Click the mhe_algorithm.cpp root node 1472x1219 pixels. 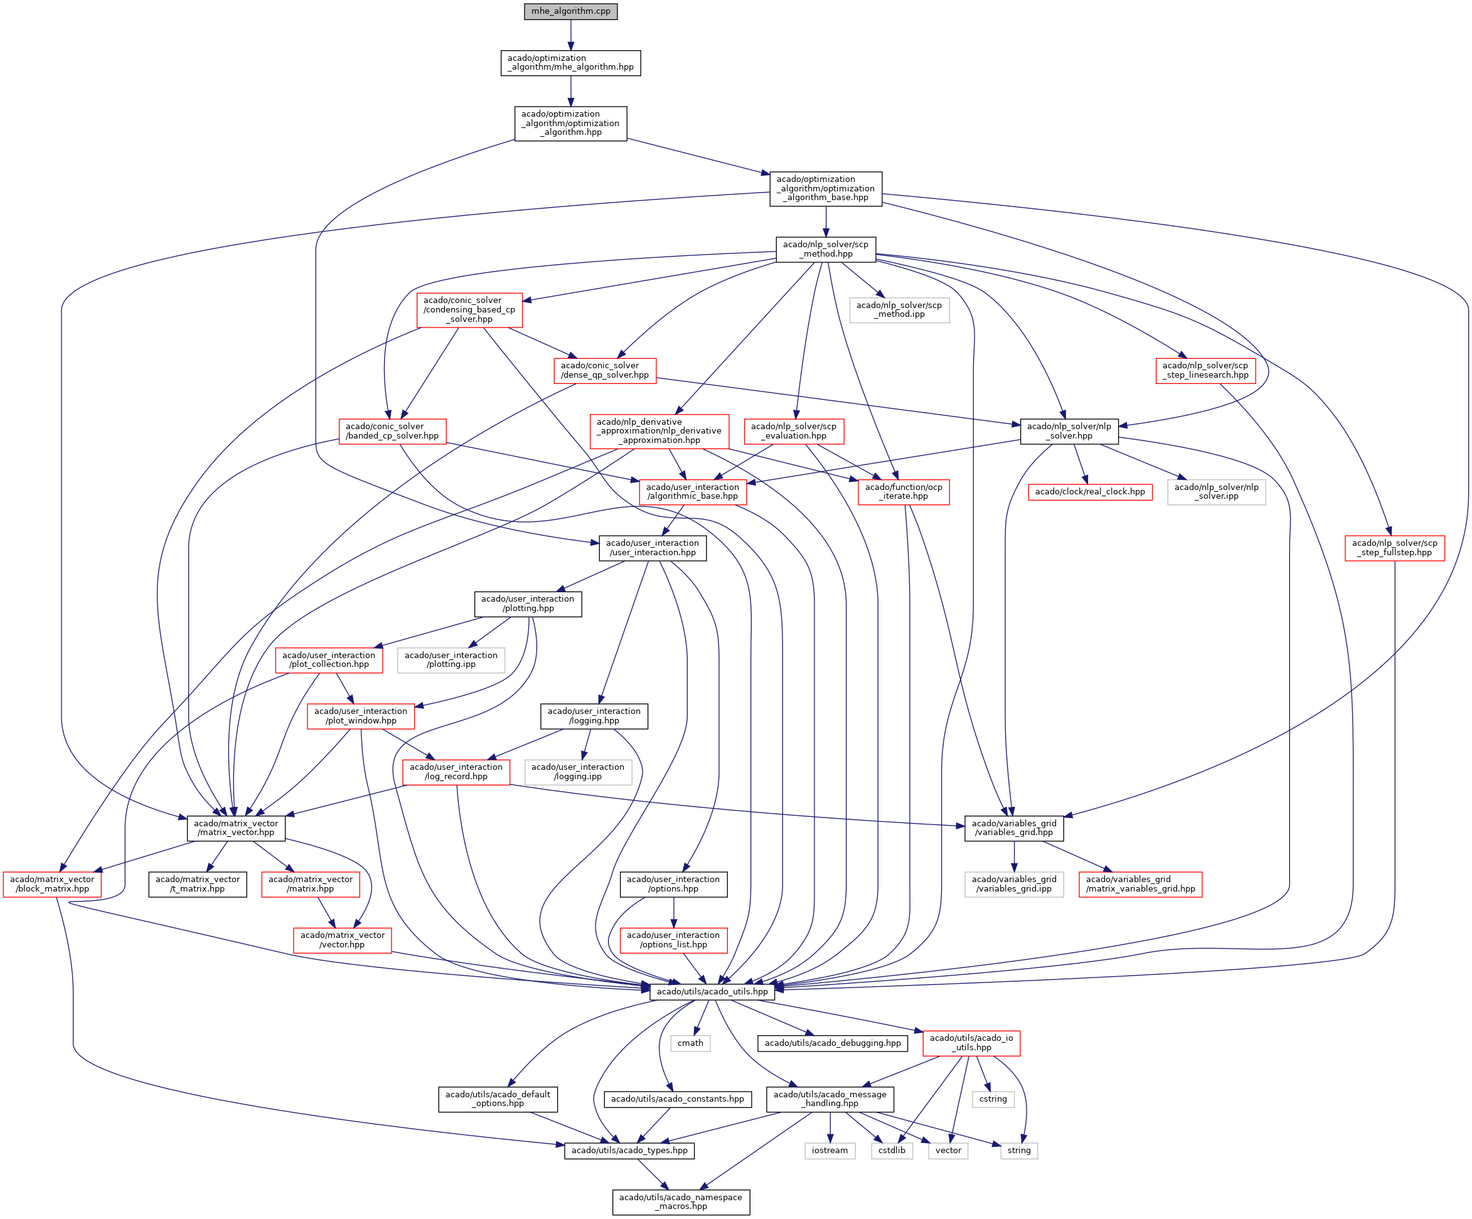click(570, 11)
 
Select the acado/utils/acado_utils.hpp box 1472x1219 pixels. click(712, 991)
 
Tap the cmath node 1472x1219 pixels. click(690, 1043)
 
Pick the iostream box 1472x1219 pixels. click(830, 1151)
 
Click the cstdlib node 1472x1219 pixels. click(892, 1151)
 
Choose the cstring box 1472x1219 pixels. click(993, 1099)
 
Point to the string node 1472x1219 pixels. click(1018, 1151)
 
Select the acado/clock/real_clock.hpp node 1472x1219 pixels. click(1089, 491)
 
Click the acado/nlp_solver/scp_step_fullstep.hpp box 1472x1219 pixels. click(1394, 548)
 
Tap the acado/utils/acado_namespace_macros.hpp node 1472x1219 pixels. click(681, 1201)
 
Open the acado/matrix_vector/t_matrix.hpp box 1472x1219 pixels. click(198, 884)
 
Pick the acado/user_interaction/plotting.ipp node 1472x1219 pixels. click(451, 659)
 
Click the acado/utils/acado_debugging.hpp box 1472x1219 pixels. click(833, 1043)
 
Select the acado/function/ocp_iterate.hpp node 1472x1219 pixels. click(904, 491)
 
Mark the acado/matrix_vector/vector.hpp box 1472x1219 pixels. click(342, 939)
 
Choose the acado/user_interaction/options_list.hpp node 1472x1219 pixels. click(673, 939)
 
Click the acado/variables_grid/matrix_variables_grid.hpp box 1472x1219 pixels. click(1139, 884)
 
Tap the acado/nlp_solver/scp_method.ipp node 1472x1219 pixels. click(899, 309)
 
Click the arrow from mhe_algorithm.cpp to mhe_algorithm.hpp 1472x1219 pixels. click(570, 35)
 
